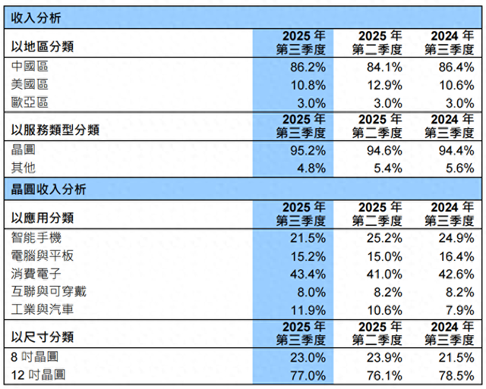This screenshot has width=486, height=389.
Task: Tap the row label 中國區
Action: click(30, 66)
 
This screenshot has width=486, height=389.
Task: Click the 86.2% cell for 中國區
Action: click(307, 66)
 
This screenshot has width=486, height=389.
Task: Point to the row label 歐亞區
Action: click(30, 102)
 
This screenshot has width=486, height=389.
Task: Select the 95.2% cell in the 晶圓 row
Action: click(307, 150)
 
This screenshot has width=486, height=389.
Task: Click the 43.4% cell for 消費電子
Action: click(307, 273)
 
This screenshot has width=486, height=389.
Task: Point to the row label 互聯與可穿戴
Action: click(48, 291)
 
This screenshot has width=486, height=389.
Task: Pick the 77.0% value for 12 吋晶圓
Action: click(307, 375)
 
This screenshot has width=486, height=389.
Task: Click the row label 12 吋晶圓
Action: click(39, 375)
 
